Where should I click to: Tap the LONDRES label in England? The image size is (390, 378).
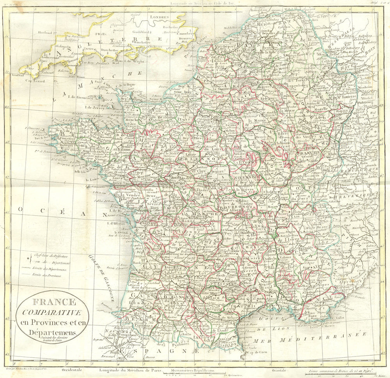pos(160,17)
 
